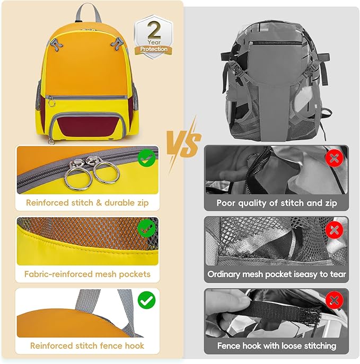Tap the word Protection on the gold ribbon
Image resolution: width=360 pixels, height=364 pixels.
click(x=154, y=49)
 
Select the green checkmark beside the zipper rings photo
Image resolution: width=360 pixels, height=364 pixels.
click(x=146, y=157)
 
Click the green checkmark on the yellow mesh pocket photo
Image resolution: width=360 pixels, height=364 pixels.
click(x=146, y=229)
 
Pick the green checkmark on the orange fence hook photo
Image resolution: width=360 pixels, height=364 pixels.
click(x=146, y=300)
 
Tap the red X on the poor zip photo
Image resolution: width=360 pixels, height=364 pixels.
click(x=334, y=157)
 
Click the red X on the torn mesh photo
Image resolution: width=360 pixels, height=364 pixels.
click(x=334, y=229)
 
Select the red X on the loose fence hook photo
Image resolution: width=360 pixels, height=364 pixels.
click(x=334, y=301)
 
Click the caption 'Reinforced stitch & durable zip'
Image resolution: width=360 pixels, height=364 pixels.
click(x=87, y=202)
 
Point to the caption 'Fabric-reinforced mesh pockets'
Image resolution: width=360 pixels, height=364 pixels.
click(x=87, y=274)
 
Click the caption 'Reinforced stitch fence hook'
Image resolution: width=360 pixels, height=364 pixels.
click(x=87, y=345)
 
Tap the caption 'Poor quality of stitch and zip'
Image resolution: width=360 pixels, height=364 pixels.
click(x=276, y=202)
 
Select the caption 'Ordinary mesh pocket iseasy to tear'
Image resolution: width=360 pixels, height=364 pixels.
click(x=276, y=274)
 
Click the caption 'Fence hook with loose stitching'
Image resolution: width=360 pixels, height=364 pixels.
click(x=276, y=345)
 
